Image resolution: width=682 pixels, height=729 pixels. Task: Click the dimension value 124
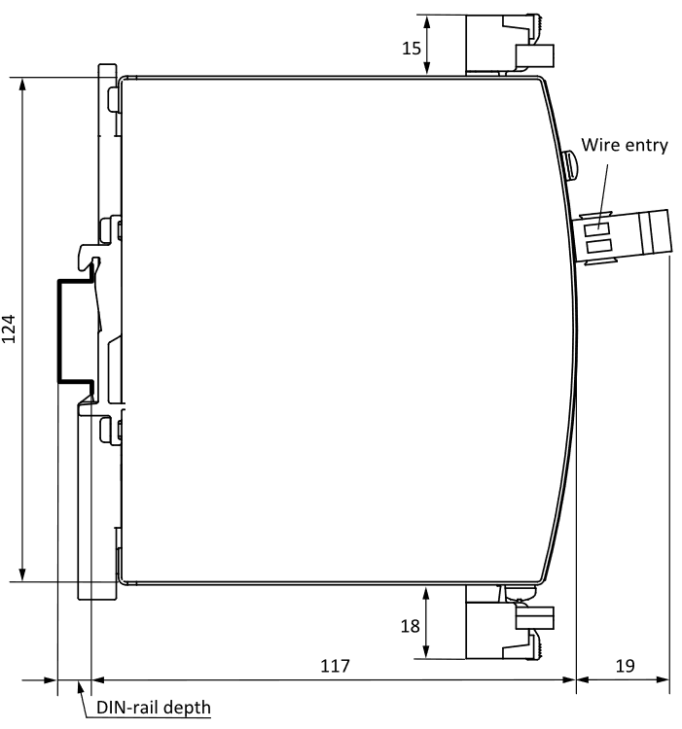[9, 329]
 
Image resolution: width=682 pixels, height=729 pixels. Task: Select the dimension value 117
[335, 666]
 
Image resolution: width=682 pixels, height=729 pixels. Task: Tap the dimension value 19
[625, 666]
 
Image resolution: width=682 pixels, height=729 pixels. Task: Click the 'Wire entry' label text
[624, 145]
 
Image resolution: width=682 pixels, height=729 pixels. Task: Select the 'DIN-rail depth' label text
[153, 707]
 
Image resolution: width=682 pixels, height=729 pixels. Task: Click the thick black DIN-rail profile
[60, 330]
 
